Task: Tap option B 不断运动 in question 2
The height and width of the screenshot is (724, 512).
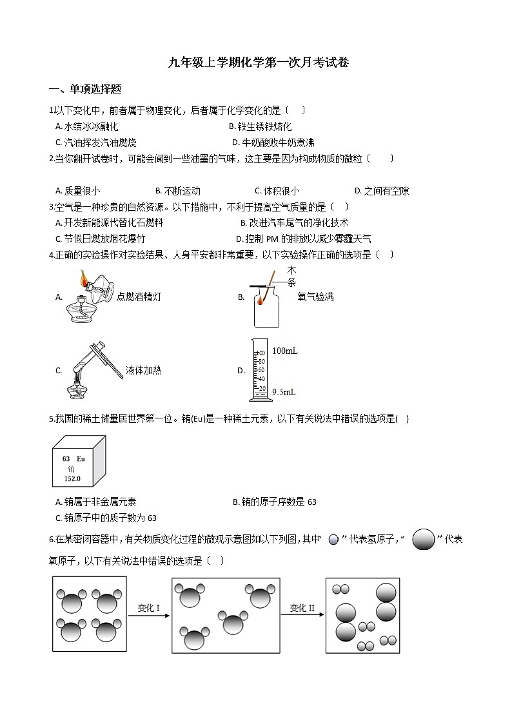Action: [178, 191]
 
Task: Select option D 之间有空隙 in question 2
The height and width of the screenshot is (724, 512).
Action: [382, 191]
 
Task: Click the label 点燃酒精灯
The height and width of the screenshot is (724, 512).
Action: [139, 297]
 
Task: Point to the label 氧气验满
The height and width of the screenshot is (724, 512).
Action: [315, 297]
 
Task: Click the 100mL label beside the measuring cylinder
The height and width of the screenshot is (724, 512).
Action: [284, 351]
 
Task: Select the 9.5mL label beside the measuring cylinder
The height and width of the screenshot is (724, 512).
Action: [284, 391]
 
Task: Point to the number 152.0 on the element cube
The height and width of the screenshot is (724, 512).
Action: [72, 479]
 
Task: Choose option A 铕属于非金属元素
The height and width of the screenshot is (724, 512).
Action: [96, 502]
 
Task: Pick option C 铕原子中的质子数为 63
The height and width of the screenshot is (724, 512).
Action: [106, 518]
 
